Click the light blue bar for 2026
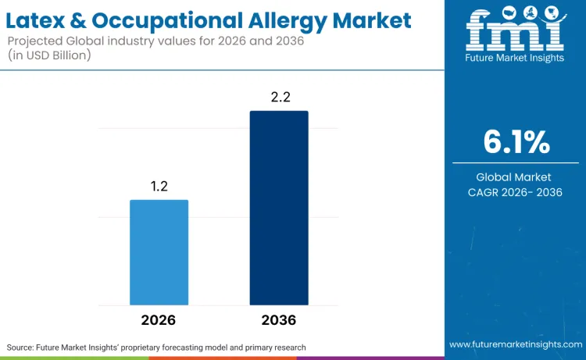tap(159, 252)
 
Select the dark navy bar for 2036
tap(279, 208)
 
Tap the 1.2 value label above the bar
tap(159, 187)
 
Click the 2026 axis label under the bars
tap(159, 320)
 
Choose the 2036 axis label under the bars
tap(279, 320)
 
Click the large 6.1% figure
tap(516, 142)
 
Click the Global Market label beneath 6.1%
tap(515, 177)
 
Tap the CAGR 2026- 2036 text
tap(515, 192)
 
